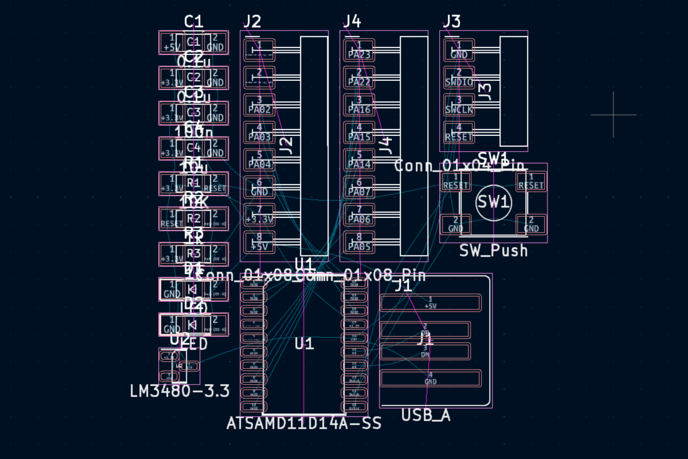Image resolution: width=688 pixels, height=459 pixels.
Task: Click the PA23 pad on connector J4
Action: [359, 50]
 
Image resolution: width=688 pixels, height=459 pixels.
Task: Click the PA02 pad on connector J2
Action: [260, 105]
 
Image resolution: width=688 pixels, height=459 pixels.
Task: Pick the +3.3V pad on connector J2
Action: [260, 215]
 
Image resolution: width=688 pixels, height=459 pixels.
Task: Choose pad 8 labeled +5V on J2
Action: [260, 243]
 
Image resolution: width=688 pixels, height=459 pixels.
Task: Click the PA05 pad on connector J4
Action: [359, 243]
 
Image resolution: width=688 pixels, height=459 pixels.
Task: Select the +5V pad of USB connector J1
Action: [430, 302]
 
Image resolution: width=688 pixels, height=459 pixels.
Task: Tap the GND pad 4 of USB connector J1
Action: [430, 378]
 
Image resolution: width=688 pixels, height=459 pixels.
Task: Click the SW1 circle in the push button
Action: [494, 203]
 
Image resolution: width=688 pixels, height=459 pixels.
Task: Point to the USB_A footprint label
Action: [425, 415]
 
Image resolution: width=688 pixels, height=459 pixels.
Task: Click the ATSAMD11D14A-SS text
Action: [304, 424]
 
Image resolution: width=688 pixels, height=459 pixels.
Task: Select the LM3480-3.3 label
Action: [179, 391]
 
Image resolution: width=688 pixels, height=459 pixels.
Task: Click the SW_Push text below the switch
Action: [494, 251]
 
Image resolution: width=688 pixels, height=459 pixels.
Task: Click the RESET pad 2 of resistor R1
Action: [215, 184]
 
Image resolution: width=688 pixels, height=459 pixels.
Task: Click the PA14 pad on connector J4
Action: [359, 160]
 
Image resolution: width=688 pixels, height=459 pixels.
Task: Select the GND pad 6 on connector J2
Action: [260, 188]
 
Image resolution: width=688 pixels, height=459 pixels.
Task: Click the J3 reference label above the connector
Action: [451, 22]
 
